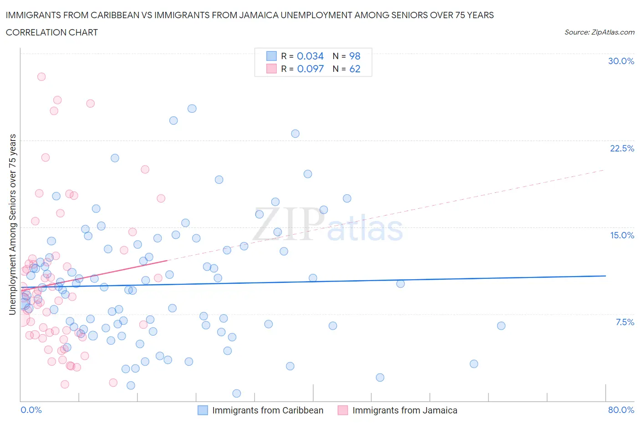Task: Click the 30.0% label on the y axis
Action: coord(621,61)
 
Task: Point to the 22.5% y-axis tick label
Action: coord(622,148)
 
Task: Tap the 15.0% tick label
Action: coord(622,235)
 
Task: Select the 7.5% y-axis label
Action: coord(625,322)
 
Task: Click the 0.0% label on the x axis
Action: coord(31,410)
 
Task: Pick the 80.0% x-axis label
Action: coord(621,410)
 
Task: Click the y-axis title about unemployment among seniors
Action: coord(13,224)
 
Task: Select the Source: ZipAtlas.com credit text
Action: coord(599,32)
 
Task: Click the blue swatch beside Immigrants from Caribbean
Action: coord(203,410)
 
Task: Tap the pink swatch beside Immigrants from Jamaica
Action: coord(343,410)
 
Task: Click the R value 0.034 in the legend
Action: coord(310,56)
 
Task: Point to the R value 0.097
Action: coord(310,69)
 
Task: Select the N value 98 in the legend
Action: coord(355,56)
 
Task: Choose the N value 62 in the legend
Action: coord(355,69)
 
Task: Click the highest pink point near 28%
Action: coord(41,76)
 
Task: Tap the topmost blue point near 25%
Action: coord(192,108)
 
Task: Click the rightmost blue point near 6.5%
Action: coord(501,326)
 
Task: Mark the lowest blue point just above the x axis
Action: coord(237,393)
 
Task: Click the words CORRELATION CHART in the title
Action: coord(52,32)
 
